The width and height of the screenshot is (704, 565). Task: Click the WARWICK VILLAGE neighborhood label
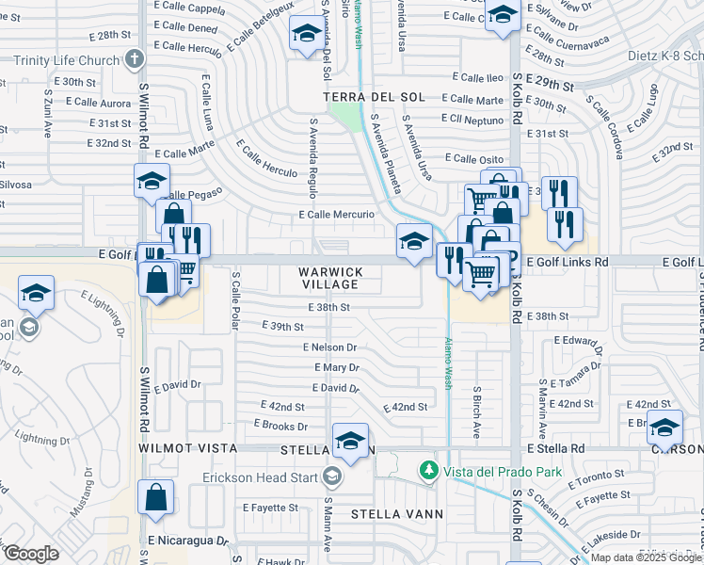click(329, 278)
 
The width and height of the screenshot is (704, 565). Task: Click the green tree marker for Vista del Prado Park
click(429, 469)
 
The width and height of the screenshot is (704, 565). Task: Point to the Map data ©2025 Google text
click(646, 557)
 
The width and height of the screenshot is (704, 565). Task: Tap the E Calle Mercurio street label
click(337, 215)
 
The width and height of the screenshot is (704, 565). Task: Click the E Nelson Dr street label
click(329, 347)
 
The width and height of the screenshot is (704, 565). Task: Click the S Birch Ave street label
click(477, 412)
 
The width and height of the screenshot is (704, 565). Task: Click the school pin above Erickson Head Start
click(351, 440)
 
